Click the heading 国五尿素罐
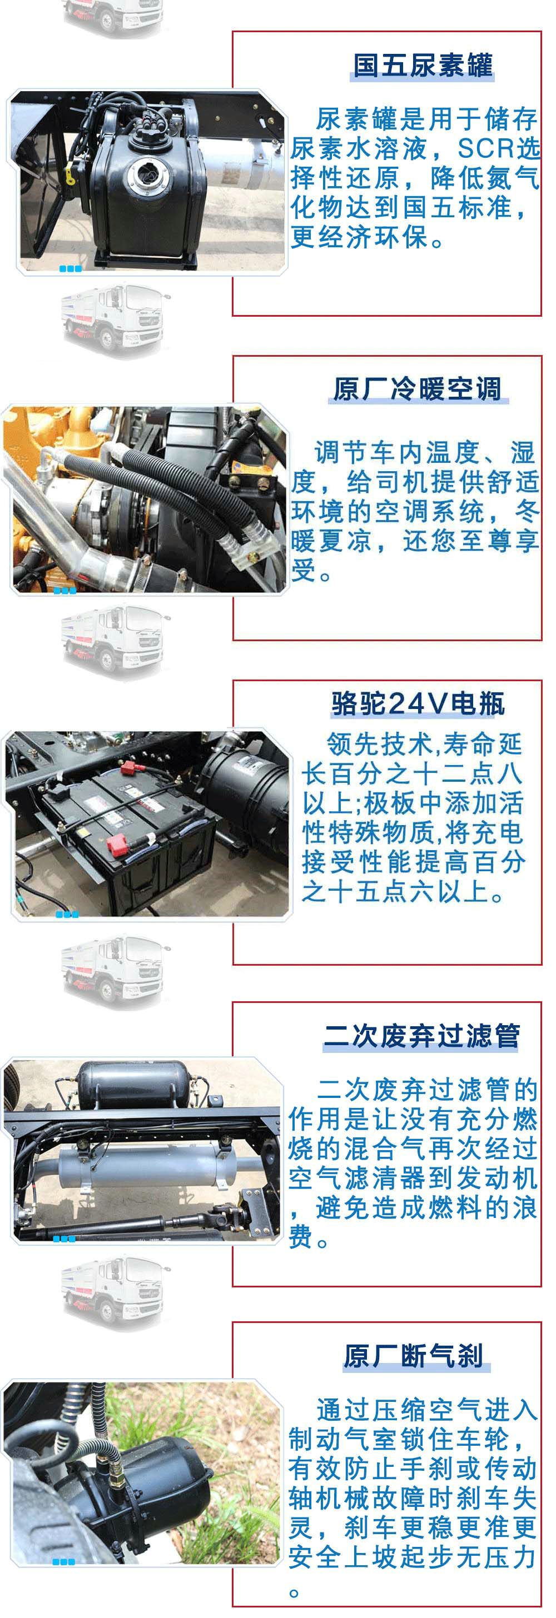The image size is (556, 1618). tap(423, 66)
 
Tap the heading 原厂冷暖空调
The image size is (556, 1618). tap(417, 389)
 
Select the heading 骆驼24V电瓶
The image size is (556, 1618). tap(418, 703)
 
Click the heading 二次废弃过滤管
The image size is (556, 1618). tap(421, 1036)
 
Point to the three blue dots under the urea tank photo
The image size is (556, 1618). tap(71, 269)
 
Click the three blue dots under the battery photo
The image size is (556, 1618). tap(67, 914)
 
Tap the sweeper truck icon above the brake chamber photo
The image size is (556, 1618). tap(115, 1291)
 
